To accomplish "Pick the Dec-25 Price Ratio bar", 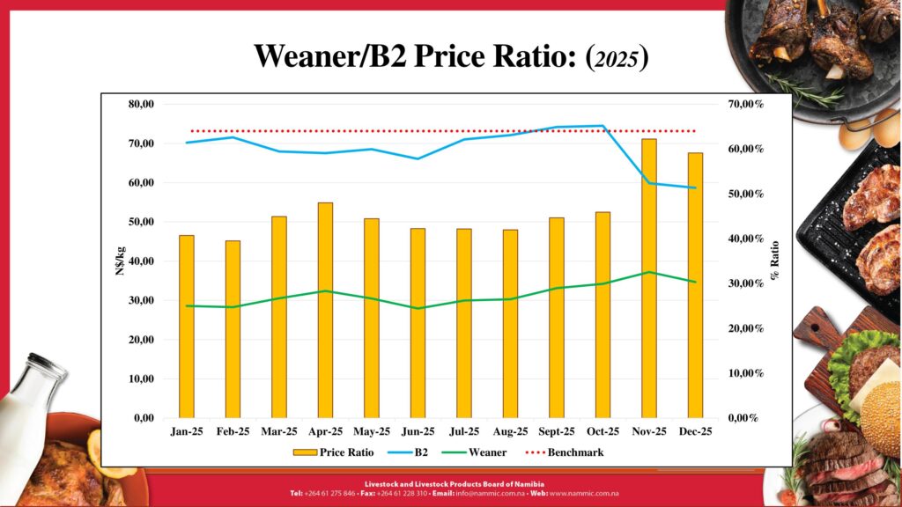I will (695, 285).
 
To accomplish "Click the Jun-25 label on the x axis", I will (418, 432).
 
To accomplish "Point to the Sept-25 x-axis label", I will (556, 432).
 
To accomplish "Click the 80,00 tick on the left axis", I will (141, 104).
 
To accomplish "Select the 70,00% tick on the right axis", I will (745, 104).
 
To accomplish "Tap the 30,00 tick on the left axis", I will (141, 300).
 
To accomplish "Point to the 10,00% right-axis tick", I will (745, 373).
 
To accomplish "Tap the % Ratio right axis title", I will (775, 261).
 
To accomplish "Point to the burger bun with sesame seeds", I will (880, 418).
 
